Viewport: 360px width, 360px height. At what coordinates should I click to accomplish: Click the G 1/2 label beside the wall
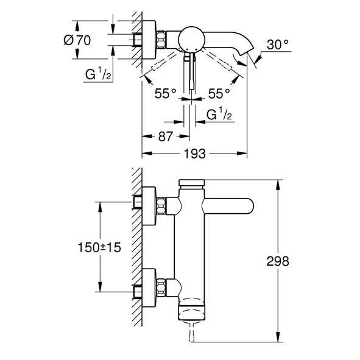pyautogui.click(x=98, y=74)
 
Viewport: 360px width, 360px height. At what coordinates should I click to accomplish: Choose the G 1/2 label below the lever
pyautogui.click(x=219, y=115)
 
